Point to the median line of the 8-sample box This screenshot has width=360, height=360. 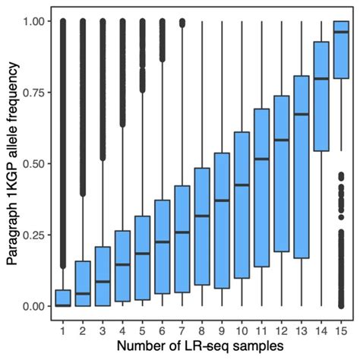[x=203, y=216]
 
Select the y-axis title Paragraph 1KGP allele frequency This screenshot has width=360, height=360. [x=12, y=163]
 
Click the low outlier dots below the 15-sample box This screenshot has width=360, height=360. [x=342, y=243]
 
